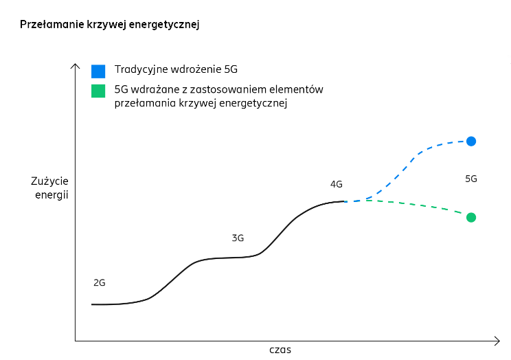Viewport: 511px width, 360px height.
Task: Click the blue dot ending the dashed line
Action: (471, 141)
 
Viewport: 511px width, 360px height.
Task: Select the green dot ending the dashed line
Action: (471, 217)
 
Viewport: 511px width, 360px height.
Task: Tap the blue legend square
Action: (98, 71)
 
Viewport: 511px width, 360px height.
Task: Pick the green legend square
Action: (98, 91)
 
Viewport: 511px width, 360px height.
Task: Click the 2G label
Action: (99, 282)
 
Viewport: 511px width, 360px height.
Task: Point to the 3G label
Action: (238, 238)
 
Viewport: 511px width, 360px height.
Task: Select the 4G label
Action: (336, 184)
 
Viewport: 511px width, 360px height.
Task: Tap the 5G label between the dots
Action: (471, 179)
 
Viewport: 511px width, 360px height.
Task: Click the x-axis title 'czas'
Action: (280, 350)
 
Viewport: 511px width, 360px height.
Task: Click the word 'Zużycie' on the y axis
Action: (50, 182)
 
